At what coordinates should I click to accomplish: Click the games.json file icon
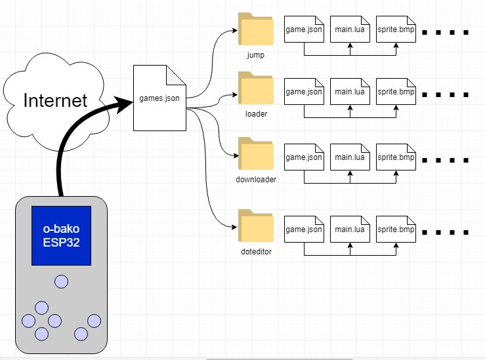pyautogui.click(x=159, y=98)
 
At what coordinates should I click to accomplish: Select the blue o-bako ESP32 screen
pyautogui.click(x=61, y=235)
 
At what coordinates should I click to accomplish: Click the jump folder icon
pyautogui.click(x=256, y=30)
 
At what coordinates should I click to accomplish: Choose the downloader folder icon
pyautogui.click(x=256, y=155)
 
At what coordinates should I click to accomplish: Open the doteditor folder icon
pyautogui.click(x=256, y=226)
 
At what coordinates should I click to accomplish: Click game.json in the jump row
pyautogui.click(x=304, y=30)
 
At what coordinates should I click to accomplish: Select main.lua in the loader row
pyautogui.click(x=350, y=92)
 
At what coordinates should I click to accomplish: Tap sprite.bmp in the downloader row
pyautogui.click(x=396, y=157)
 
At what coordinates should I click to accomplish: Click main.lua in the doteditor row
pyautogui.click(x=350, y=230)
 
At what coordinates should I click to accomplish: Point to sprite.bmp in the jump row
pyautogui.click(x=396, y=30)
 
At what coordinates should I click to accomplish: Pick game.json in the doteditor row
pyautogui.click(x=304, y=230)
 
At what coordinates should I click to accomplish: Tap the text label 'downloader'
pyautogui.click(x=256, y=179)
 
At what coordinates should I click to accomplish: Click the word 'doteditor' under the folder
pyautogui.click(x=256, y=251)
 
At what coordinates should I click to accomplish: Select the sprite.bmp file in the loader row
pyautogui.click(x=396, y=92)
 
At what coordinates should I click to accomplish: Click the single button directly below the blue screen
pyautogui.click(x=61, y=281)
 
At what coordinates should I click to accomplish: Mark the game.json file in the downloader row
pyautogui.click(x=304, y=157)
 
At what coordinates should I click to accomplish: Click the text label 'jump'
pyautogui.click(x=256, y=55)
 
